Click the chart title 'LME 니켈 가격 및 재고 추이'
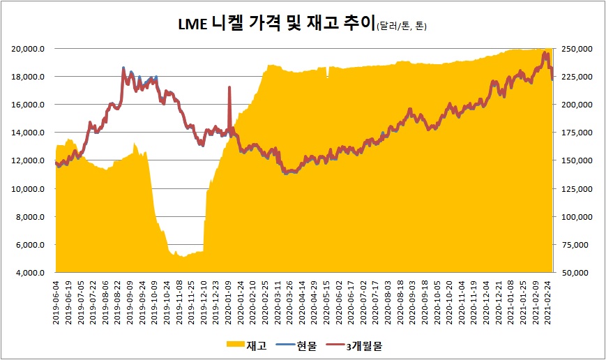click(276, 25)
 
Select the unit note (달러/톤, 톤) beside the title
click(401, 27)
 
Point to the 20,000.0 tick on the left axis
click(30, 49)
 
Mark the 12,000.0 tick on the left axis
click(30, 160)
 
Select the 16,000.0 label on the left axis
click(30, 105)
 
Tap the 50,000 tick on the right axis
click(577, 273)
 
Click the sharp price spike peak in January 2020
click(229, 87)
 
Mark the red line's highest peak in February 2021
click(545, 53)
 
